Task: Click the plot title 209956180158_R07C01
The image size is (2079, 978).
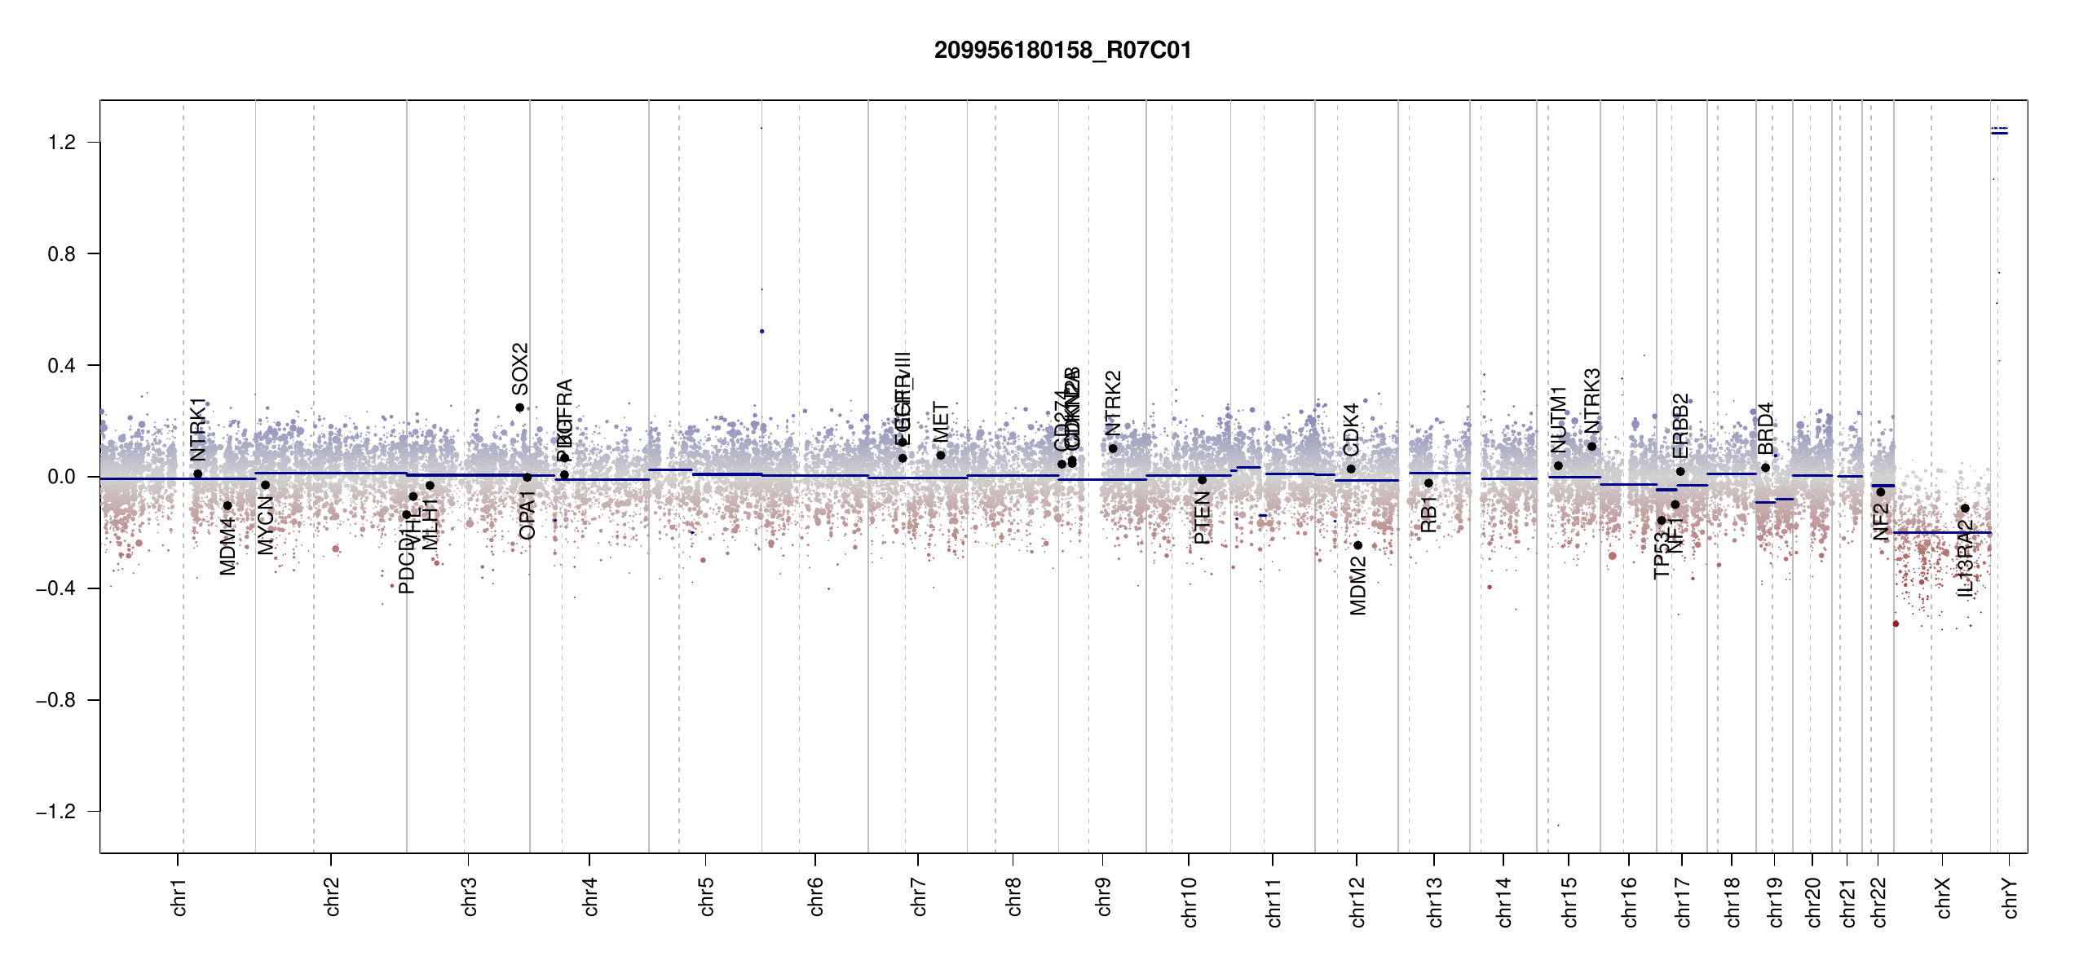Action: [x=1062, y=51]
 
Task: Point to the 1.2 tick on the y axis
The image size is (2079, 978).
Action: [x=61, y=143]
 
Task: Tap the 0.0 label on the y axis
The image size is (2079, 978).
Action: [x=61, y=477]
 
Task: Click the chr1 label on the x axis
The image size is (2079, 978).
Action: [x=179, y=896]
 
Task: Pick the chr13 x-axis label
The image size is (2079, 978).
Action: [x=1435, y=901]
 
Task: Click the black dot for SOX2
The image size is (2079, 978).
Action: [x=519, y=407]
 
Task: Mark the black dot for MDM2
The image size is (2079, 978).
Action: [x=1358, y=545]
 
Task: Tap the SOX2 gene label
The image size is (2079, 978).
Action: [x=520, y=368]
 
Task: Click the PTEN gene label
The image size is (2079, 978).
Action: [x=1202, y=518]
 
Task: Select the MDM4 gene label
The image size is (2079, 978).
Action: [x=228, y=546]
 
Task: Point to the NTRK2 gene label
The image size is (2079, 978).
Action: [x=1114, y=403]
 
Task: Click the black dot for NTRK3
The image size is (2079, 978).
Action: [x=1591, y=447]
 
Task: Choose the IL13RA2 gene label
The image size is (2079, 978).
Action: [x=1966, y=558]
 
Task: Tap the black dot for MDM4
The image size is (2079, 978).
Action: [x=227, y=506]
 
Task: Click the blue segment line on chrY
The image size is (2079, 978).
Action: [x=1999, y=133]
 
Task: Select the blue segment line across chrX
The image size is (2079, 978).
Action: [x=1942, y=532]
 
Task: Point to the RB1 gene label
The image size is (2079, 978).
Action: [x=1428, y=514]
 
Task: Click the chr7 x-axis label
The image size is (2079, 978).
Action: [x=920, y=896]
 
